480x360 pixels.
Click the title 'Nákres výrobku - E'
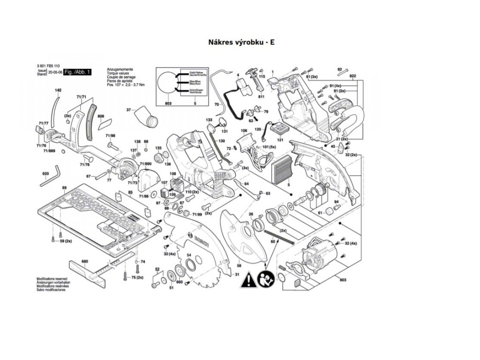pyautogui.click(x=241, y=42)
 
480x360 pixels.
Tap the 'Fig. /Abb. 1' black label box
pyautogui.click(x=77, y=72)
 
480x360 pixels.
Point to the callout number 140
pyautogui.click(x=58, y=90)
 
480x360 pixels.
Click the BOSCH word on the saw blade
pyautogui.click(x=200, y=242)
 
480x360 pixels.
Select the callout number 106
pyautogui.click(x=244, y=130)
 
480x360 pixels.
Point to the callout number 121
pyautogui.click(x=280, y=139)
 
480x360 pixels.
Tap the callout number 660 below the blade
pyautogui.click(x=179, y=282)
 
